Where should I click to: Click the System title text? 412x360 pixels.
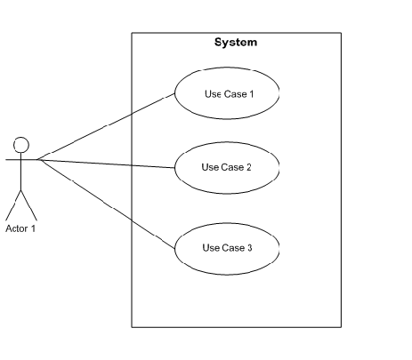[x=236, y=43]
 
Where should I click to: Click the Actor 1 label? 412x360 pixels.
[x=20, y=228]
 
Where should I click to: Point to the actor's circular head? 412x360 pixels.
[x=21, y=138]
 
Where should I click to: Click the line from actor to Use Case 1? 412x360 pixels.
[x=106, y=127]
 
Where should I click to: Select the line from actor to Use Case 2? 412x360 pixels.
[x=106, y=164]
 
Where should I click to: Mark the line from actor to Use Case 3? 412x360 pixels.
[x=106, y=204]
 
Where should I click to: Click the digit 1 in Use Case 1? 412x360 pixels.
[x=252, y=94]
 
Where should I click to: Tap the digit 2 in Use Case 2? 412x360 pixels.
[x=248, y=167]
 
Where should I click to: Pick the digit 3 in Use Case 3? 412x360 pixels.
[x=249, y=248]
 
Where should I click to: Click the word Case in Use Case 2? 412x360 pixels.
[x=232, y=167]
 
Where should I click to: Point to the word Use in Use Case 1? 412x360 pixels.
[x=213, y=94]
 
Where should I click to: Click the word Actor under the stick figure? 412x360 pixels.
[x=17, y=228]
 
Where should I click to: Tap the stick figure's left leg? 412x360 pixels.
[x=13, y=205]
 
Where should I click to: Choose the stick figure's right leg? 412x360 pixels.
[x=29, y=205]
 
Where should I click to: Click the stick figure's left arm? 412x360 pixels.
[x=13, y=160]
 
